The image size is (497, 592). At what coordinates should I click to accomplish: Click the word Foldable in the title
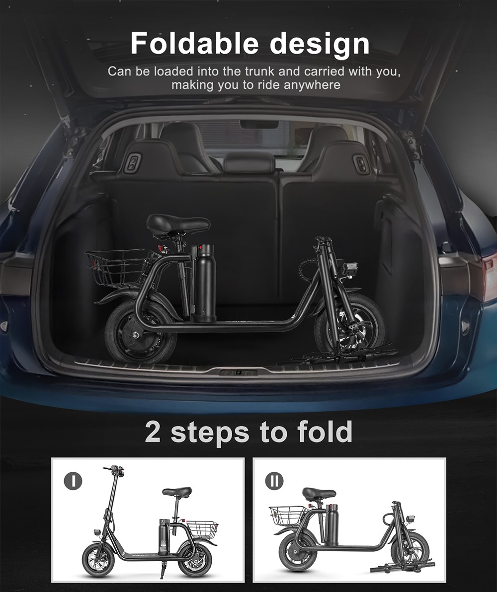point(189,44)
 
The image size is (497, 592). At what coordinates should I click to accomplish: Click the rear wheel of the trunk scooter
point(140,332)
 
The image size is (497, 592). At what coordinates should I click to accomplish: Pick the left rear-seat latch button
point(133,163)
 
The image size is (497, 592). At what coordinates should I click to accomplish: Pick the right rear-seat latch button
point(361,163)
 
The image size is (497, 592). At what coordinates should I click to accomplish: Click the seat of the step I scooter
point(176,492)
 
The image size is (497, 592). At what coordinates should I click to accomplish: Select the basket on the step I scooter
point(202,529)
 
